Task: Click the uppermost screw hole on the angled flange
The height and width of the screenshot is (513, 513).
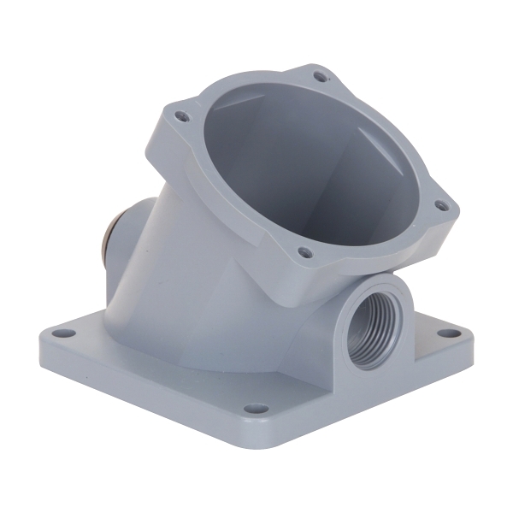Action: pyautogui.click(x=321, y=77)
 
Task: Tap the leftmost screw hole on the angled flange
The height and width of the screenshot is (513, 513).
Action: pyautogui.click(x=181, y=113)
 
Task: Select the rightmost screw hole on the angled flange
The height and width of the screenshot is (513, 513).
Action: pyautogui.click(x=440, y=205)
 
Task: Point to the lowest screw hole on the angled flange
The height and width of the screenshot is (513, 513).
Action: pyautogui.click(x=304, y=252)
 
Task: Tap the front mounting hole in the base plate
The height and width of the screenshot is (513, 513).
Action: pyautogui.click(x=251, y=409)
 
